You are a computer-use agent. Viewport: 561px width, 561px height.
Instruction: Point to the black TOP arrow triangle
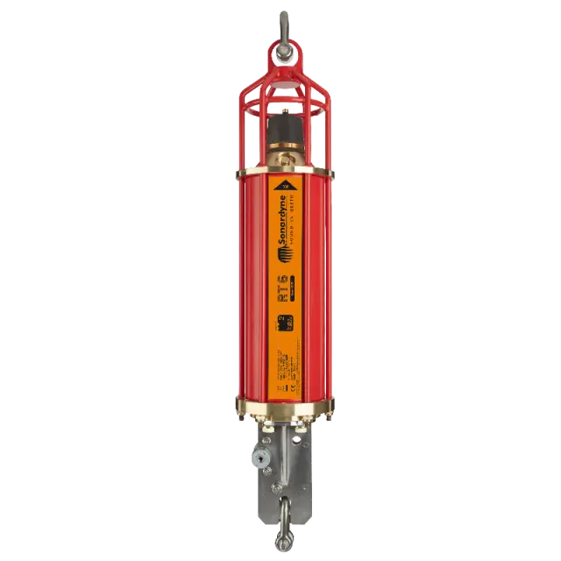click(284, 185)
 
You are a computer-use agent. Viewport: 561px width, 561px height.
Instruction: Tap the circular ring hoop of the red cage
click(283, 111)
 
